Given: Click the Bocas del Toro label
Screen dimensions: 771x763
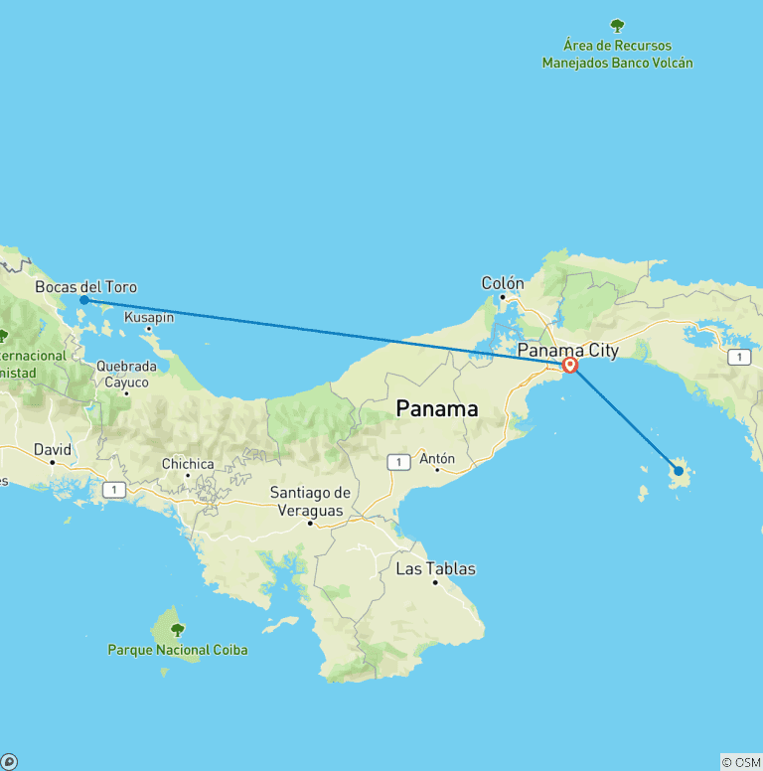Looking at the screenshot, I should tap(85, 287).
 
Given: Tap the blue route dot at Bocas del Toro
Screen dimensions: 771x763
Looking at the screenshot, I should tap(84, 300).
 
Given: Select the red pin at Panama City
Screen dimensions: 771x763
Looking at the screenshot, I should tap(570, 365).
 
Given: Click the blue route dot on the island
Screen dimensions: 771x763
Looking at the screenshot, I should tap(679, 471).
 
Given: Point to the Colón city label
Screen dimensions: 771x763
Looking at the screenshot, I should tap(503, 283).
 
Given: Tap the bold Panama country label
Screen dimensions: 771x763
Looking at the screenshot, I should tap(437, 408).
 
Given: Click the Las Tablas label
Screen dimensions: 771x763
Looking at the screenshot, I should tap(435, 569).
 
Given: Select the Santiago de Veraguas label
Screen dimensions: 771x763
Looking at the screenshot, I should tap(311, 502).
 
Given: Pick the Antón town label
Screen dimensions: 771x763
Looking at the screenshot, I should tap(437, 458).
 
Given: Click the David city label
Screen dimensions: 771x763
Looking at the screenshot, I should tap(53, 449).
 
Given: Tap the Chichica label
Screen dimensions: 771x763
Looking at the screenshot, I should tap(188, 464).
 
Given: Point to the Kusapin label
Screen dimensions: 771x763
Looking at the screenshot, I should tap(149, 317).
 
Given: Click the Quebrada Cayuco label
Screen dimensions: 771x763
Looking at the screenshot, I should tap(126, 374).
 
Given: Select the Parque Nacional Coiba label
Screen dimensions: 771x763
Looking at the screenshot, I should tap(178, 650).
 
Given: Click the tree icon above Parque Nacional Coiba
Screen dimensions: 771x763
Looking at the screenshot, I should tap(178, 629).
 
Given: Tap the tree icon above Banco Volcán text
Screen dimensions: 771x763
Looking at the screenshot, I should tap(617, 26).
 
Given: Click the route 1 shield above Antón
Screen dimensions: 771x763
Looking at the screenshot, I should tap(398, 461).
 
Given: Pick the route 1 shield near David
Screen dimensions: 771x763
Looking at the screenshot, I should tap(115, 489).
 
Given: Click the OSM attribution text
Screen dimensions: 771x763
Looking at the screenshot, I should tap(741, 762).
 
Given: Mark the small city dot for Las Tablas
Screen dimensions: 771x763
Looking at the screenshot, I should tap(435, 583).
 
